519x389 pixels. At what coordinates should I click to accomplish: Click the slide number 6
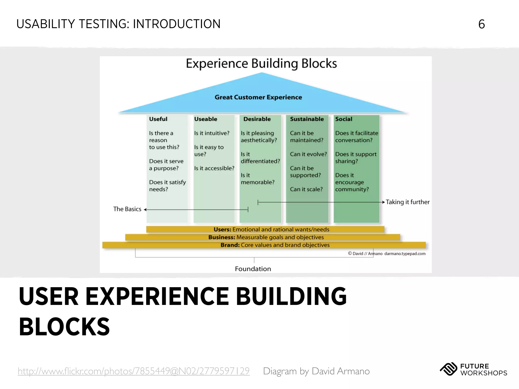click(481, 24)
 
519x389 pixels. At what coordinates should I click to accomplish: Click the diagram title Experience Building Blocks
click(261, 64)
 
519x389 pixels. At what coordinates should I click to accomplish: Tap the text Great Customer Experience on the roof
click(258, 97)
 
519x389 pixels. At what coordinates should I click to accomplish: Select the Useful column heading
click(158, 119)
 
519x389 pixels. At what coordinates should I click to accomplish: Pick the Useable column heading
click(206, 119)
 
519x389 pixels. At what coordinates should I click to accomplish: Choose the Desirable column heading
click(257, 119)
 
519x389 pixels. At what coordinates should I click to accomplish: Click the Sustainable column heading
click(307, 119)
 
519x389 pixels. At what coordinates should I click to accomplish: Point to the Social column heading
click(344, 119)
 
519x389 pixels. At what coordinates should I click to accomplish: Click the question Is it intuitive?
click(212, 133)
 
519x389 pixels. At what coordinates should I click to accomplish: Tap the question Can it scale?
click(306, 189)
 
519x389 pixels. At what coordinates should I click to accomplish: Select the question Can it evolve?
click(308, 154)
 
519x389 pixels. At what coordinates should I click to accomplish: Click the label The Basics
click(127, 209)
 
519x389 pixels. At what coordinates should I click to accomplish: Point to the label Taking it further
click(407, 202)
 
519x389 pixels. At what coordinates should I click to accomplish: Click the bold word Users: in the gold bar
click(222, 229)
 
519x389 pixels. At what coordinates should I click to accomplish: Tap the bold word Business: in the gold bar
click(221, 237)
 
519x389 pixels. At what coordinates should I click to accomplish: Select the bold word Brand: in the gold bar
click(230, 245)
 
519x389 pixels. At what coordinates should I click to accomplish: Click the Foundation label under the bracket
click(253, 269)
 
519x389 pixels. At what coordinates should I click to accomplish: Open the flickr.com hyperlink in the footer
click(134, 371)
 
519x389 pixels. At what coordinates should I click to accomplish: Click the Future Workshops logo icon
click(449, 369)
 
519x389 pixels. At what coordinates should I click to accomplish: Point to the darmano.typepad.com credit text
click(405, 254)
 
